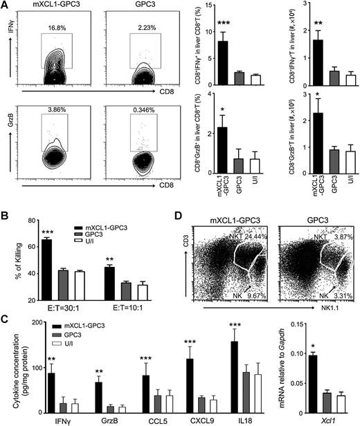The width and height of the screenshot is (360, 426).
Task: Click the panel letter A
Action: pos(5,6)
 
